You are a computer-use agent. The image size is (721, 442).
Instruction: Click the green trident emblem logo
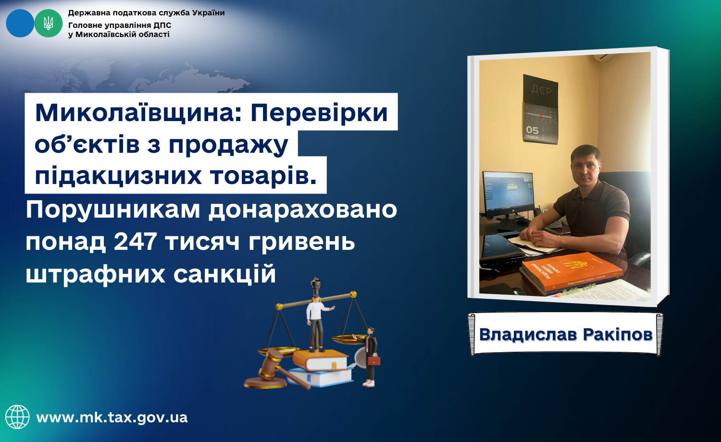tap(48, 23)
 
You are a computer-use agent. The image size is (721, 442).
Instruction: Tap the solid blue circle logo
tap(20, 23)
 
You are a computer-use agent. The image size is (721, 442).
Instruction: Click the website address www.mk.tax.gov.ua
tap(112, 417)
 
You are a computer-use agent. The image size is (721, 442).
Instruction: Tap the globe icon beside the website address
tap(17, 417)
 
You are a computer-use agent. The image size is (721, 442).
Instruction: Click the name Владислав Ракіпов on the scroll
tap(566, 334)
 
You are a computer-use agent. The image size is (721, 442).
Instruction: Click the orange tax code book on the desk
tap(572, 273)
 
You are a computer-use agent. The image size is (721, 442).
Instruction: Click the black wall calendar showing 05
tap(540, 110)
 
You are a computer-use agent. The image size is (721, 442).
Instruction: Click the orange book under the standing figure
tap(320, 360)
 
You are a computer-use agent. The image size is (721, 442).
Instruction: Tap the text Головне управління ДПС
tap(120, 25)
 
